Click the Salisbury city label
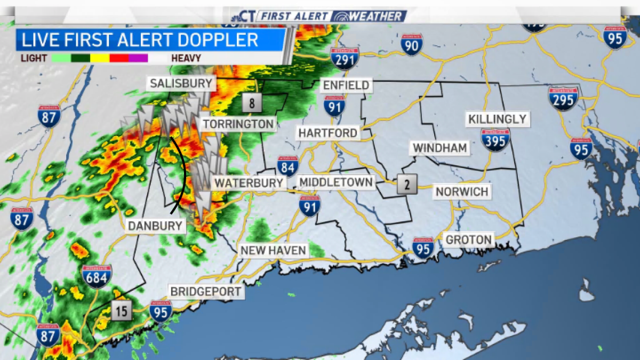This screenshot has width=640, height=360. pyautogui.click(x=181, y=83)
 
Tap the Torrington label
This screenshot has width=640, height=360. pyautogui.click(x=238, y=124)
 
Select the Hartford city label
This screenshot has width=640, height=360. pyautogui.click(x=327, y=132)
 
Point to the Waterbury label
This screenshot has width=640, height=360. pyautogui.click(x=249, y=183)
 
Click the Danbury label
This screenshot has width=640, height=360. pyautogui.click(x=155, y=226)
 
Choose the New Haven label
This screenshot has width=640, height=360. pyautogui.click(x=273, y=250)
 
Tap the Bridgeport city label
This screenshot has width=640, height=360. pyautogui.click(x=206, y=291)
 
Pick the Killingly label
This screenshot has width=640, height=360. pyautogui.click(x=497, y=119)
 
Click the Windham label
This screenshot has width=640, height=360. pyautogui.click(x=440, y=147)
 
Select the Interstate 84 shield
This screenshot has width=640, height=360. pyautogui.click(x=287, y=166)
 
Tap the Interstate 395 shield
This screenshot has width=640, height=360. pyautogui.click(x=495, y=140)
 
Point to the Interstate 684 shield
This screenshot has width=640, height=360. pyautogui.click(x=97, y=276)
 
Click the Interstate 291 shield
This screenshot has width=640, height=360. pyautogui.click(x=345, y=58)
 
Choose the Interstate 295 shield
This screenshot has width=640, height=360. pyautogui.click(x=563, y=99)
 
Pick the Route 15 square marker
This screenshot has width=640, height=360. pyautogui.click(x=122, y=310)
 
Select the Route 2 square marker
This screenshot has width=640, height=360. pyautogui.click(x=406, y=185)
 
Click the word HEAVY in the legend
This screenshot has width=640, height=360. pyautogui.click(x=186, y=58)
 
